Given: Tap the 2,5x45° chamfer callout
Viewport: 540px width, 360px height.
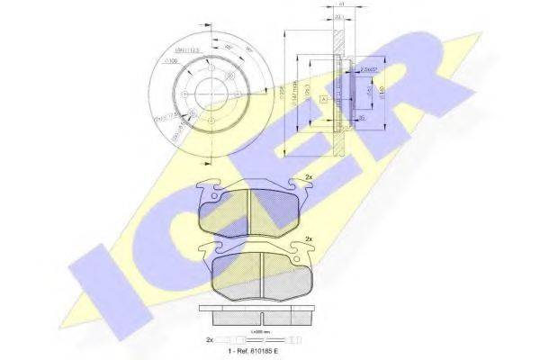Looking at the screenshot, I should point(368,68).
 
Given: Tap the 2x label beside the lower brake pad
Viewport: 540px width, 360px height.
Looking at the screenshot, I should point(308,238).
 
